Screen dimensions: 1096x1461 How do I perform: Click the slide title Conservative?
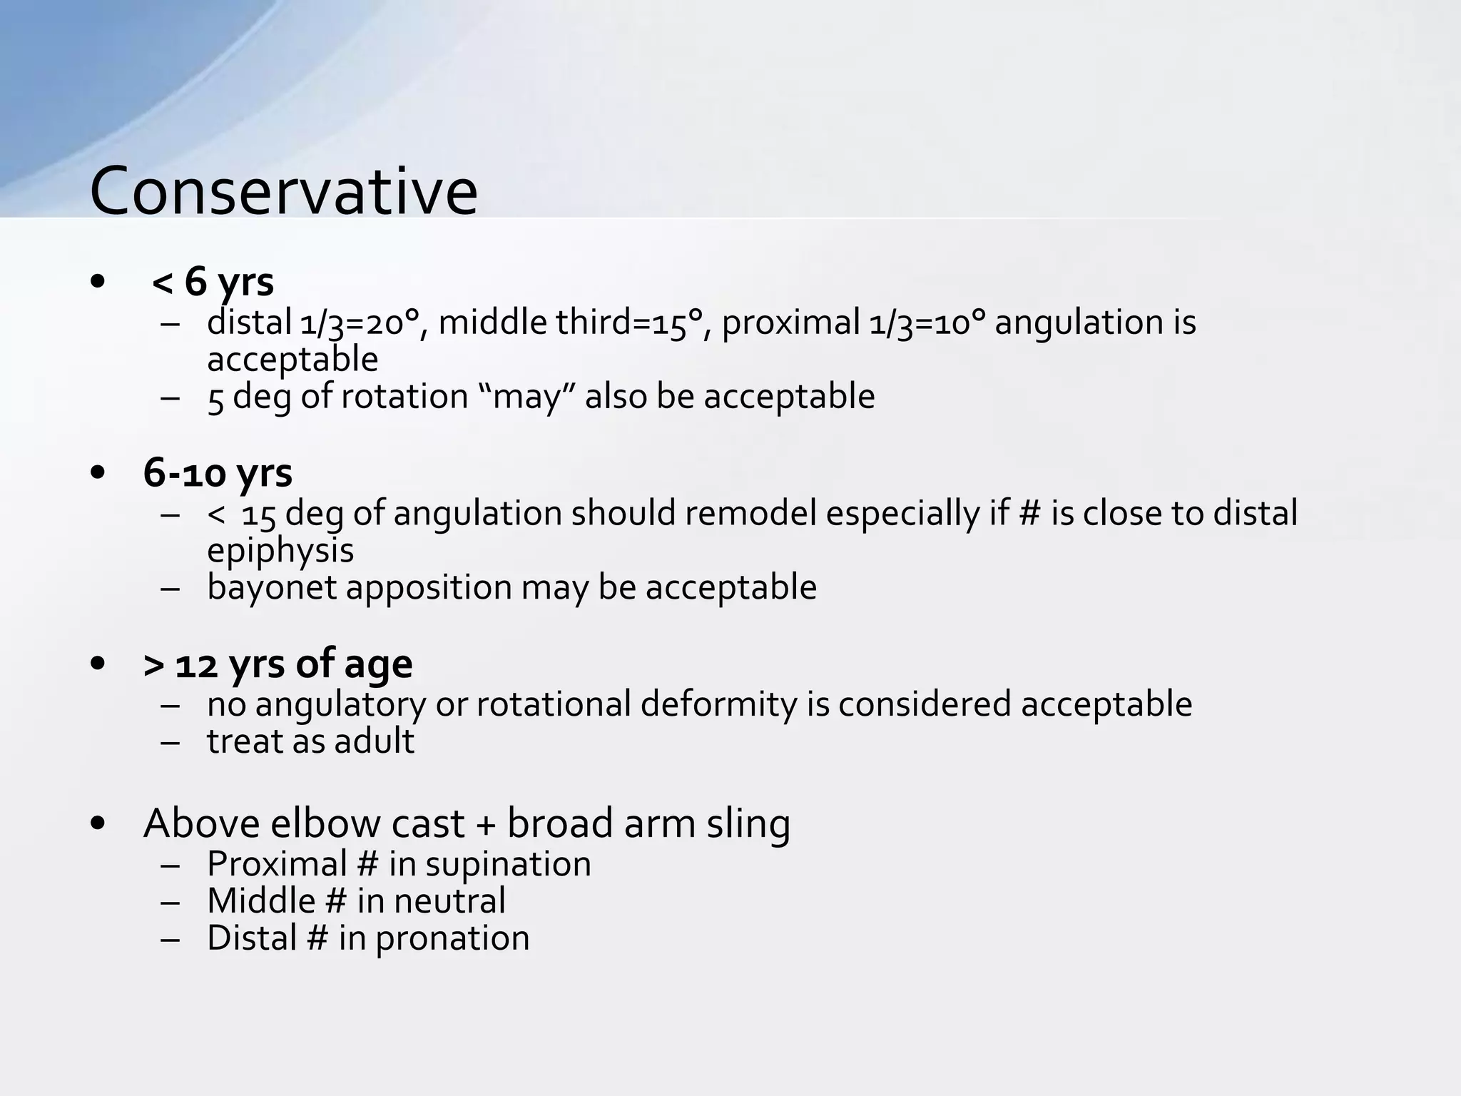(283, 191)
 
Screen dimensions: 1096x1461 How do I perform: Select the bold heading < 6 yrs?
(213, 281)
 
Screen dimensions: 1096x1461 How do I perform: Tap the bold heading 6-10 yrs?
(218, 472)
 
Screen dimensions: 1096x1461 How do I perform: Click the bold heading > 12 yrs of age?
(278, 664)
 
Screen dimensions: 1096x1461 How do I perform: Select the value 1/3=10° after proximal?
(927, 323)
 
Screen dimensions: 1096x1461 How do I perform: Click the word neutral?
(449, 900)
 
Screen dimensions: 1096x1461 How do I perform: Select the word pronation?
(452, 938)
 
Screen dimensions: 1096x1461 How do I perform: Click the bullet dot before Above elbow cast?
(98, 825)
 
